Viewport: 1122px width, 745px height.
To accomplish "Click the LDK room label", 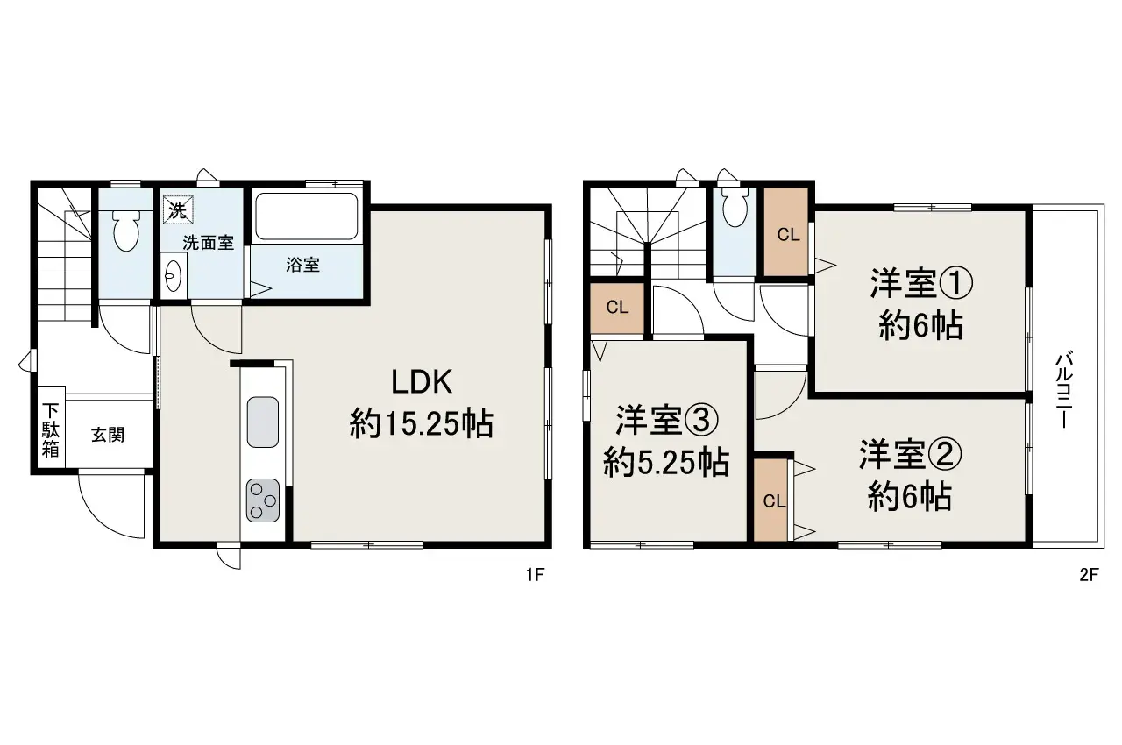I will tap(421, 383).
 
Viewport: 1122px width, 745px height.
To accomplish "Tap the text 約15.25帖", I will tap(421, 425).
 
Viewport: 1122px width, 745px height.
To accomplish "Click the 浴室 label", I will tap(303, 265).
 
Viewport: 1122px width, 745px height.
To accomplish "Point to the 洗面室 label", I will tap(208, 243).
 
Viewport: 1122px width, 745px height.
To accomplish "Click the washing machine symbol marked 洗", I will tap(176, 210).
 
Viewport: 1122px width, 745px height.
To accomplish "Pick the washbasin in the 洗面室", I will tap(171, 276).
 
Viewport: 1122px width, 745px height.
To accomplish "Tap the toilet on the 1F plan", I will tap(127, 230).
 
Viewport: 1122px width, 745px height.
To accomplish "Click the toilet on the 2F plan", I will tap(735, 207).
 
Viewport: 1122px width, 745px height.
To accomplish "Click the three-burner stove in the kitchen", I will tap(262, 500).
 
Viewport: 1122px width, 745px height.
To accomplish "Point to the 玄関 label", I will tap(107, 435).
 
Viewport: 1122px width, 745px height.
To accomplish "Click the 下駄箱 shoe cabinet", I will tap(51, 430).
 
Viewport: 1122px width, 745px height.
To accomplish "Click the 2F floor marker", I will tap(1088, 576).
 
